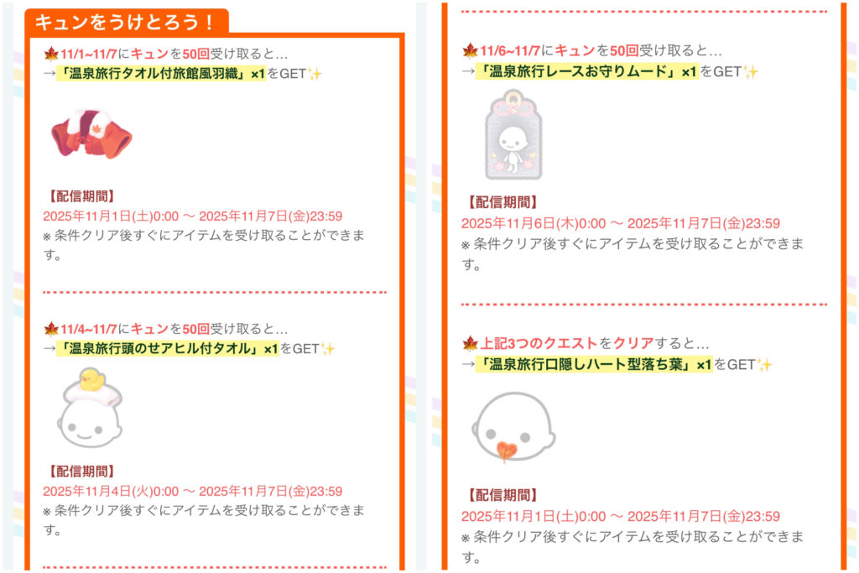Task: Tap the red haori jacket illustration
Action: point(91,134)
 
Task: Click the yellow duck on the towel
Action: point(92,379)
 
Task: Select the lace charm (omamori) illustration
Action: point(513,135)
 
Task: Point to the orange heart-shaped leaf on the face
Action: point(506,451)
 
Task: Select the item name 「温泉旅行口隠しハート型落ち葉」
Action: point(584,364)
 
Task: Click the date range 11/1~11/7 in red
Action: point(88,54)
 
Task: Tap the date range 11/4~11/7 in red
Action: point(88,329)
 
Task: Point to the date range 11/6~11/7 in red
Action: point(510,51)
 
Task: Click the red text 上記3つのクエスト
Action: point(539,343)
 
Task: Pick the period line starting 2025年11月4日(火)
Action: point(193,492)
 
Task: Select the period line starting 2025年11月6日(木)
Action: point(621,223)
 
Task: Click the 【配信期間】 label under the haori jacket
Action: point(81,196)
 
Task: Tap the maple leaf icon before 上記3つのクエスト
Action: point(470,343)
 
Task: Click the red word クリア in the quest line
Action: point(633,343)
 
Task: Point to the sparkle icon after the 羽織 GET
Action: point(315,73)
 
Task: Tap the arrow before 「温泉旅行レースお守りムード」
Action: point(468,71)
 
